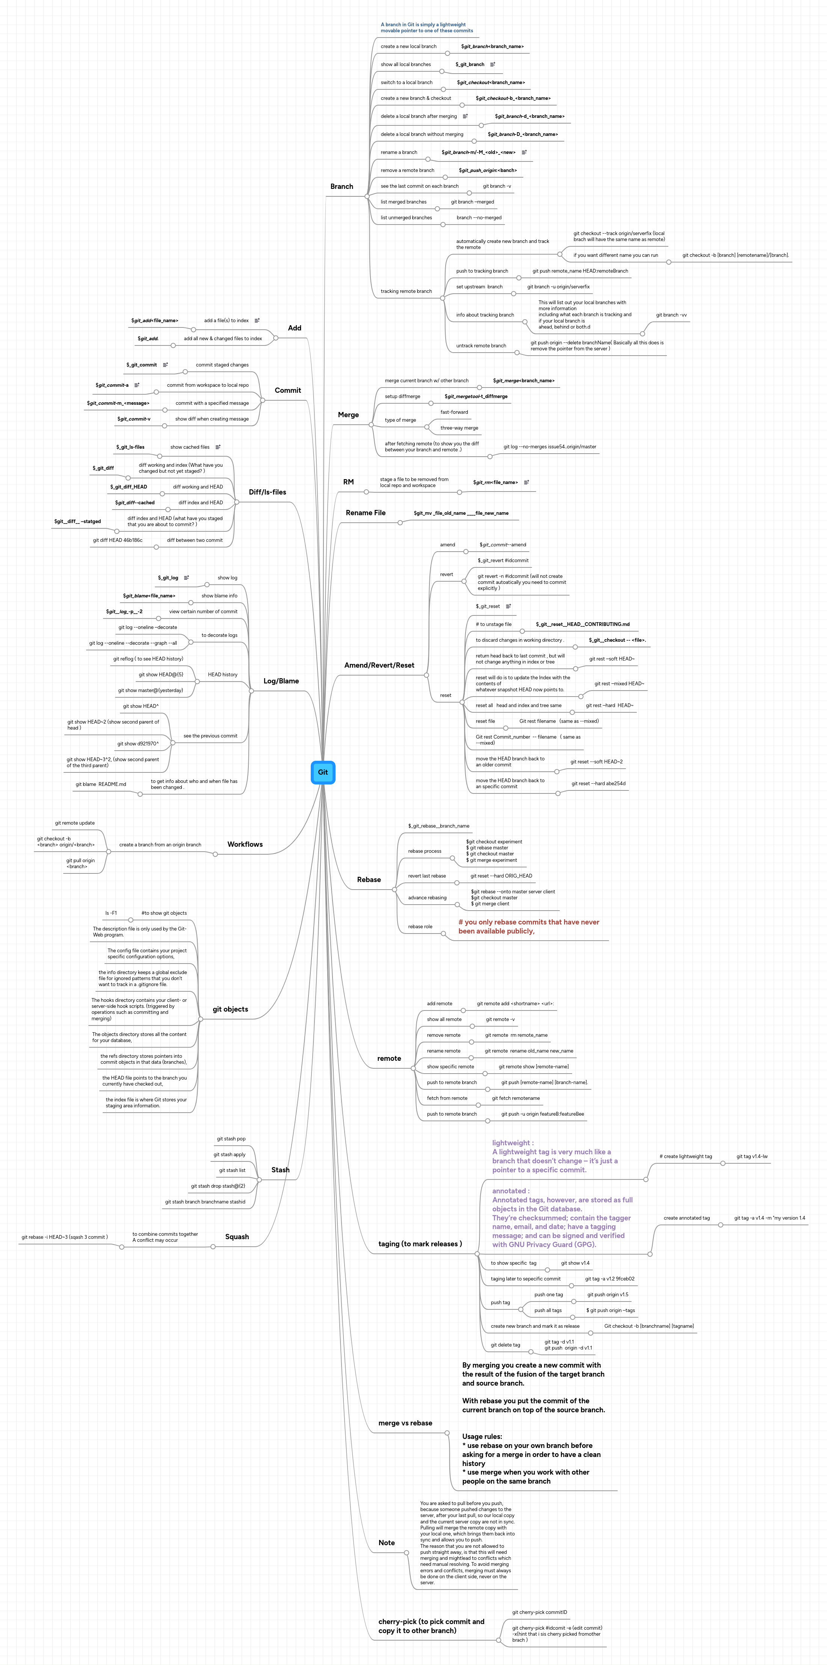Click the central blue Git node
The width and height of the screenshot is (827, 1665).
323,772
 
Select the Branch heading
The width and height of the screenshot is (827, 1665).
342,187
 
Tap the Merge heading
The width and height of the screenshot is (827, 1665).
348,415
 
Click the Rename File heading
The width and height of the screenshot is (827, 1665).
365,513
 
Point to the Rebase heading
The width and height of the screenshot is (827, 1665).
369,880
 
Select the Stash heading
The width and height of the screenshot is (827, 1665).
280,1170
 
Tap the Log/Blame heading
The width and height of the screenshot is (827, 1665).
281,681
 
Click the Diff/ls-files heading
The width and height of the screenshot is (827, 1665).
267,493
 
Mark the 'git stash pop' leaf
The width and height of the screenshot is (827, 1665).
231,1139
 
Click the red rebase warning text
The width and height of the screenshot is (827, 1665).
528,926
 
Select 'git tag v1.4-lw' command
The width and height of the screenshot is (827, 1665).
751,1156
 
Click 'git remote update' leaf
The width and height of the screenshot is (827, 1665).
74,823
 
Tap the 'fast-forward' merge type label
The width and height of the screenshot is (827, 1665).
454,412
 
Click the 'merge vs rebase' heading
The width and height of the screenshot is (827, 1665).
405,1423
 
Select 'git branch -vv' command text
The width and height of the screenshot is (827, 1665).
671,315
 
